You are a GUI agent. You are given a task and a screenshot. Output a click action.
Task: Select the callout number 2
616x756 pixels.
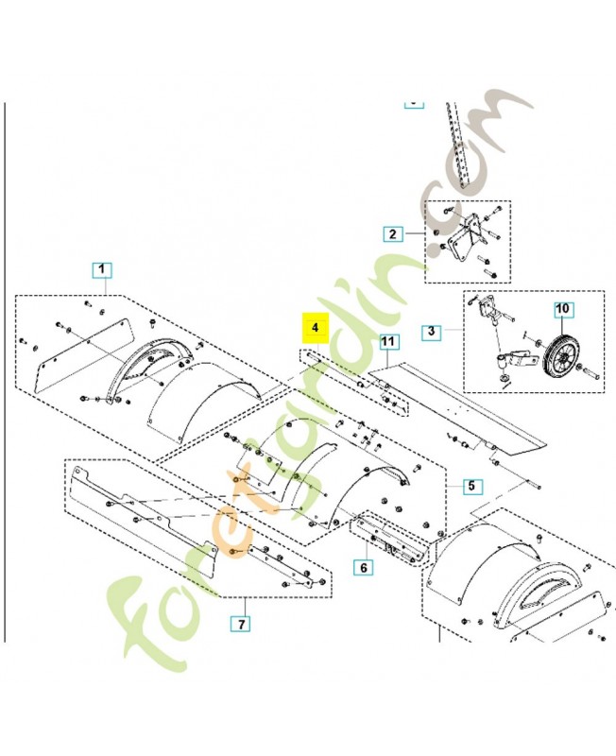pyautogui.click(x=392, y=232)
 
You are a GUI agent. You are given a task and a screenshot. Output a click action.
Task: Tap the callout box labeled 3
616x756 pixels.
pyautogui.click(x=431, y=332)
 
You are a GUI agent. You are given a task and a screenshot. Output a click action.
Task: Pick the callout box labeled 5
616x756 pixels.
pyautogui.click(x=471, y=487)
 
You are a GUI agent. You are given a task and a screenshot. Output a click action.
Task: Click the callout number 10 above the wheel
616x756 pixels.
pyautogui.click(x=562, y=309)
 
